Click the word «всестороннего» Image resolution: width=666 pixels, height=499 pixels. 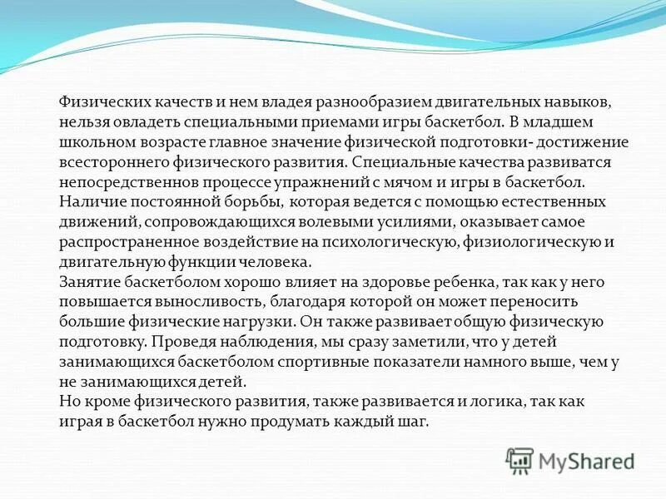coord(107,161)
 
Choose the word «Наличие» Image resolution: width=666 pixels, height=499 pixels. coord(88,200)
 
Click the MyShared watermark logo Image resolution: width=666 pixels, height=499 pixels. coord(570,460)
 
